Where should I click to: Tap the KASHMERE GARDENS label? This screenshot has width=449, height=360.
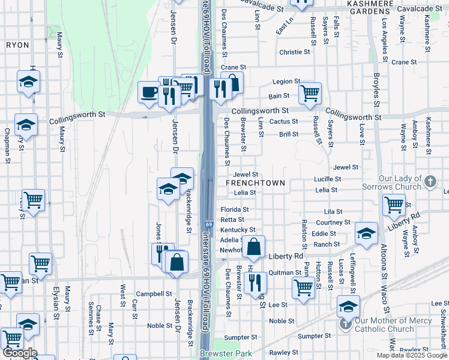pyautogui.click(x=370, y=7)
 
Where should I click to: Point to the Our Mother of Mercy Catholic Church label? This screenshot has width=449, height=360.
pyautogui.click(x=385, y=324)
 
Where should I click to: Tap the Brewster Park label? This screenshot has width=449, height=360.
pyautogui.click(x=226, y=354)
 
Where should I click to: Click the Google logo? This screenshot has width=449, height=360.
pyautogui.click(x=19, y=353)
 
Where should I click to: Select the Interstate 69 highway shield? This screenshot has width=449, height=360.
pyautogui.click(x=208, y=224)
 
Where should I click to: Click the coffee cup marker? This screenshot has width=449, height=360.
pyautogui.click(x=148, y=92)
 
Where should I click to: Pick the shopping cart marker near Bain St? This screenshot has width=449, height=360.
pyautogui.click(x=310, y=92)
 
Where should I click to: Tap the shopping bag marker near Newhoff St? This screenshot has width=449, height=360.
pyautogui.click(x=254, y=246)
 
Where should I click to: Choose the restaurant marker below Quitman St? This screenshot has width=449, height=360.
pyautogui.click(x=255, y=282)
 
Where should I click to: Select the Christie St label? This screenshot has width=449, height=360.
pyautogui.click(x=294, y=52)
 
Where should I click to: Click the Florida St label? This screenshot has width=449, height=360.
pyautogui.click(x=234, y=210)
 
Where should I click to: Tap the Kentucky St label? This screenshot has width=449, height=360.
pyautogui.click(x=238, y=230)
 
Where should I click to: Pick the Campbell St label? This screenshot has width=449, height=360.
pyautogui.click(x=154, y=294)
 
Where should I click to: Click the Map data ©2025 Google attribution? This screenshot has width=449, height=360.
pyautogui.click(x=412, y=356)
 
